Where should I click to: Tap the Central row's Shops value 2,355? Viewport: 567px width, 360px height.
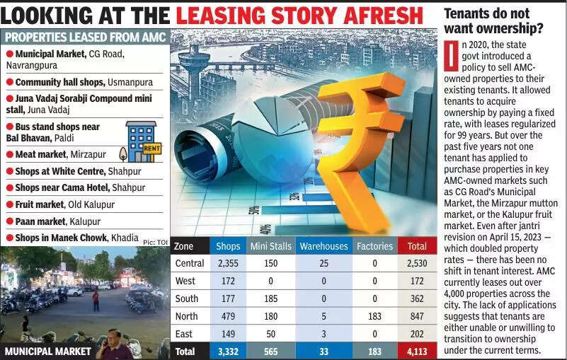[227, 263]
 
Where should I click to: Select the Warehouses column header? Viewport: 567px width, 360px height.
[323, 246]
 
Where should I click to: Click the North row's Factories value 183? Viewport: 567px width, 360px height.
[375, 316]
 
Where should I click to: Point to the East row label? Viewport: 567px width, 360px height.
[183, 334]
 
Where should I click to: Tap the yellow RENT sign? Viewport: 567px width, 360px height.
[151, 149]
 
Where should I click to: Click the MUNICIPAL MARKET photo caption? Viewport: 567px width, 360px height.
[47, 351]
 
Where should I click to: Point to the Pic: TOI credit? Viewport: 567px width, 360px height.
[155, 242]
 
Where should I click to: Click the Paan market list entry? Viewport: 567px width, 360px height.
[53, 221]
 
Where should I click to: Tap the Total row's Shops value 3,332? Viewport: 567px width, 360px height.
[227, 352]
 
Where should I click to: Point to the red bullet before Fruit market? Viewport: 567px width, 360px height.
[9, 205]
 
